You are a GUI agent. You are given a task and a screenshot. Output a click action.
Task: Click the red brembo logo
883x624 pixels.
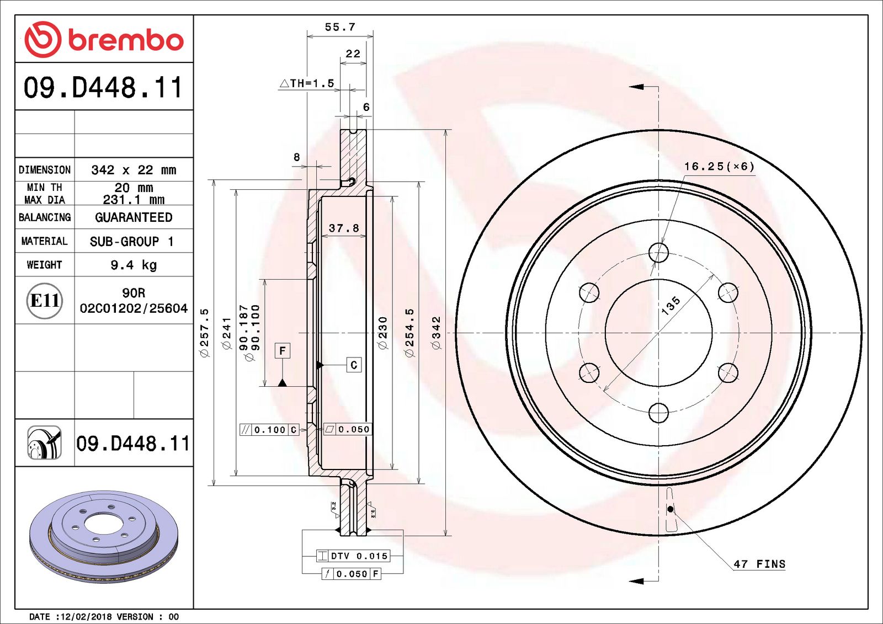(x=104, y=40)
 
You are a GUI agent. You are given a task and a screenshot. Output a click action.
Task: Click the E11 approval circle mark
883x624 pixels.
(x=45, y=301)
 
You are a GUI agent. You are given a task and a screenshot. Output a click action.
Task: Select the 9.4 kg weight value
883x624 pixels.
(x=134, y=265)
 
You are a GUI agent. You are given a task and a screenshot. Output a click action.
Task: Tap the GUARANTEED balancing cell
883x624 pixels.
(x=134, y=217)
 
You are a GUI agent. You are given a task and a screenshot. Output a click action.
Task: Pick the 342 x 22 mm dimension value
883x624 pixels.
(x=134, y=170)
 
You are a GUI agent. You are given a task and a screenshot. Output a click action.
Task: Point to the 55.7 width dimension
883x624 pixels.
(x=340, y=27)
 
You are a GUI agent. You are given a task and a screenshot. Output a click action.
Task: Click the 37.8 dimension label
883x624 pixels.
(x=343, y=228)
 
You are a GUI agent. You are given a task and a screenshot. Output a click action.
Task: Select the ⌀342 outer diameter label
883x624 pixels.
(x=436, y=333)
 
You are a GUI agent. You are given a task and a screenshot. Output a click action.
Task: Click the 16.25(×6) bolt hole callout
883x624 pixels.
(x=719, y=166)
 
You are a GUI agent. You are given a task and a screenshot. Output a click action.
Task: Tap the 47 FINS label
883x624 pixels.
(x=759, y=564)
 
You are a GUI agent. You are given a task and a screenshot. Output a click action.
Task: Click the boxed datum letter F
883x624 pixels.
(x=283, y=351)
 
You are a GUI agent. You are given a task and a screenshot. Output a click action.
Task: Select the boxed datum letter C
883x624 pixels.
(x=354, y=365)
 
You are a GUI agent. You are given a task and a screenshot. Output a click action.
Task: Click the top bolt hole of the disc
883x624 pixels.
(x=658, y=253)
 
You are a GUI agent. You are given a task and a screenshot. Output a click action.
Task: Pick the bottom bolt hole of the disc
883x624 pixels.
(x=658, y=412)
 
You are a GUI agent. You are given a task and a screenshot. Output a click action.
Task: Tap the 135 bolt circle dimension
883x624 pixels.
(x=671, y=305)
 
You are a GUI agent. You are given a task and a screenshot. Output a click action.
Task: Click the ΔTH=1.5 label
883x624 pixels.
(x=307, y=83)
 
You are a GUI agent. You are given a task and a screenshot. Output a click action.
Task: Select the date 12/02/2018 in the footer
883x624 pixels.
(x=85, y=616)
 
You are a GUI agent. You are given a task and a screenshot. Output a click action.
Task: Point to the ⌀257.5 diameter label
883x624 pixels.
(x=204, y=333)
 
